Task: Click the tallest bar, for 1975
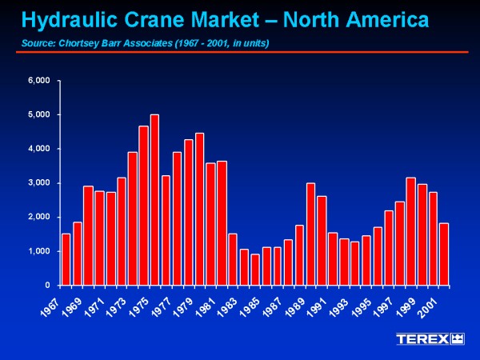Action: pos(154,200)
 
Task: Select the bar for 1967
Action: pos(66,259)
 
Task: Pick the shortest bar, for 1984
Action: pos(255,270)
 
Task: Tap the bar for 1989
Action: pos(310,234)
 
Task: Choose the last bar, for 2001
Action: pos(444,254)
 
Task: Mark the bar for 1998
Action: pos(411,231)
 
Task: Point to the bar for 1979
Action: pos(199,209)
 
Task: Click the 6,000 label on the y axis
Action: pos(39,81)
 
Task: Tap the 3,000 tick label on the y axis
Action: pos(39,183)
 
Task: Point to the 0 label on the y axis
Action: pos(47,286)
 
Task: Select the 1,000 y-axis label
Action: pos(39,251)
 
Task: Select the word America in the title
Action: pos(387,20)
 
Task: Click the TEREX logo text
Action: pos(422,339)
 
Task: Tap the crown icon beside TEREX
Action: pos(458,339)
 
